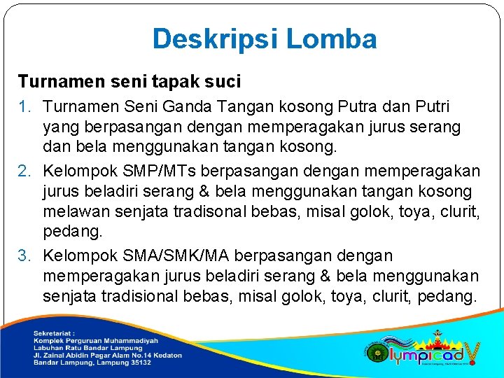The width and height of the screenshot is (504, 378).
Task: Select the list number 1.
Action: point(24,107)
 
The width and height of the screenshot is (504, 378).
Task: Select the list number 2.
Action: point(24,171)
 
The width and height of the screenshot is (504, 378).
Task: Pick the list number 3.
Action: point(24,255)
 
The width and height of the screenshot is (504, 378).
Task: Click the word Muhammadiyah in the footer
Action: point(134,340)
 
